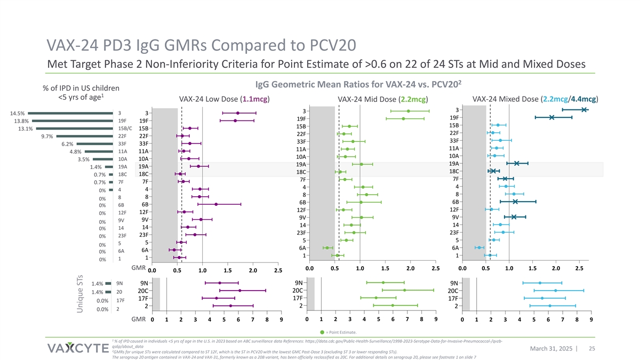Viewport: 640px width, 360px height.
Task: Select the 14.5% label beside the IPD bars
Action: tap(17, 113)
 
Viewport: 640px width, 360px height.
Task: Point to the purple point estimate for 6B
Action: tap(216, 204)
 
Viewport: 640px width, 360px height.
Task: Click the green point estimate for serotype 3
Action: tap(409, 111)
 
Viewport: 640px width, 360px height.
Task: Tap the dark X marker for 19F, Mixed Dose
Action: tap(552, 117)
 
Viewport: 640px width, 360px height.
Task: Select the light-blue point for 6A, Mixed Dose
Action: tap(479, 247)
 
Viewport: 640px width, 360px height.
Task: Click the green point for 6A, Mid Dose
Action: tap(327, 248)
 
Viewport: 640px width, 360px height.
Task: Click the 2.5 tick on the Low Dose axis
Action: tap(278, 271)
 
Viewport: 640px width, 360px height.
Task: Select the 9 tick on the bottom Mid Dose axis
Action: tap(436, 319)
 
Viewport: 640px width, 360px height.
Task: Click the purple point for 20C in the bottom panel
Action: tap(240, 290)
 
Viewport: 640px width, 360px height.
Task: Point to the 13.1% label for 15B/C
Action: tap(26, 129)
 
